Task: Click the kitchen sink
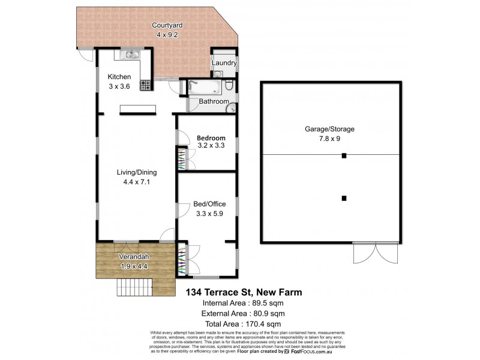130,55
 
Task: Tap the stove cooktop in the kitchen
145,86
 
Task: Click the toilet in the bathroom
229,87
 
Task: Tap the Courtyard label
167,25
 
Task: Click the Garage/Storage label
330,129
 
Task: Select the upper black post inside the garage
344,156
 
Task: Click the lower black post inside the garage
344,198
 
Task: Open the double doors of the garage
375,253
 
